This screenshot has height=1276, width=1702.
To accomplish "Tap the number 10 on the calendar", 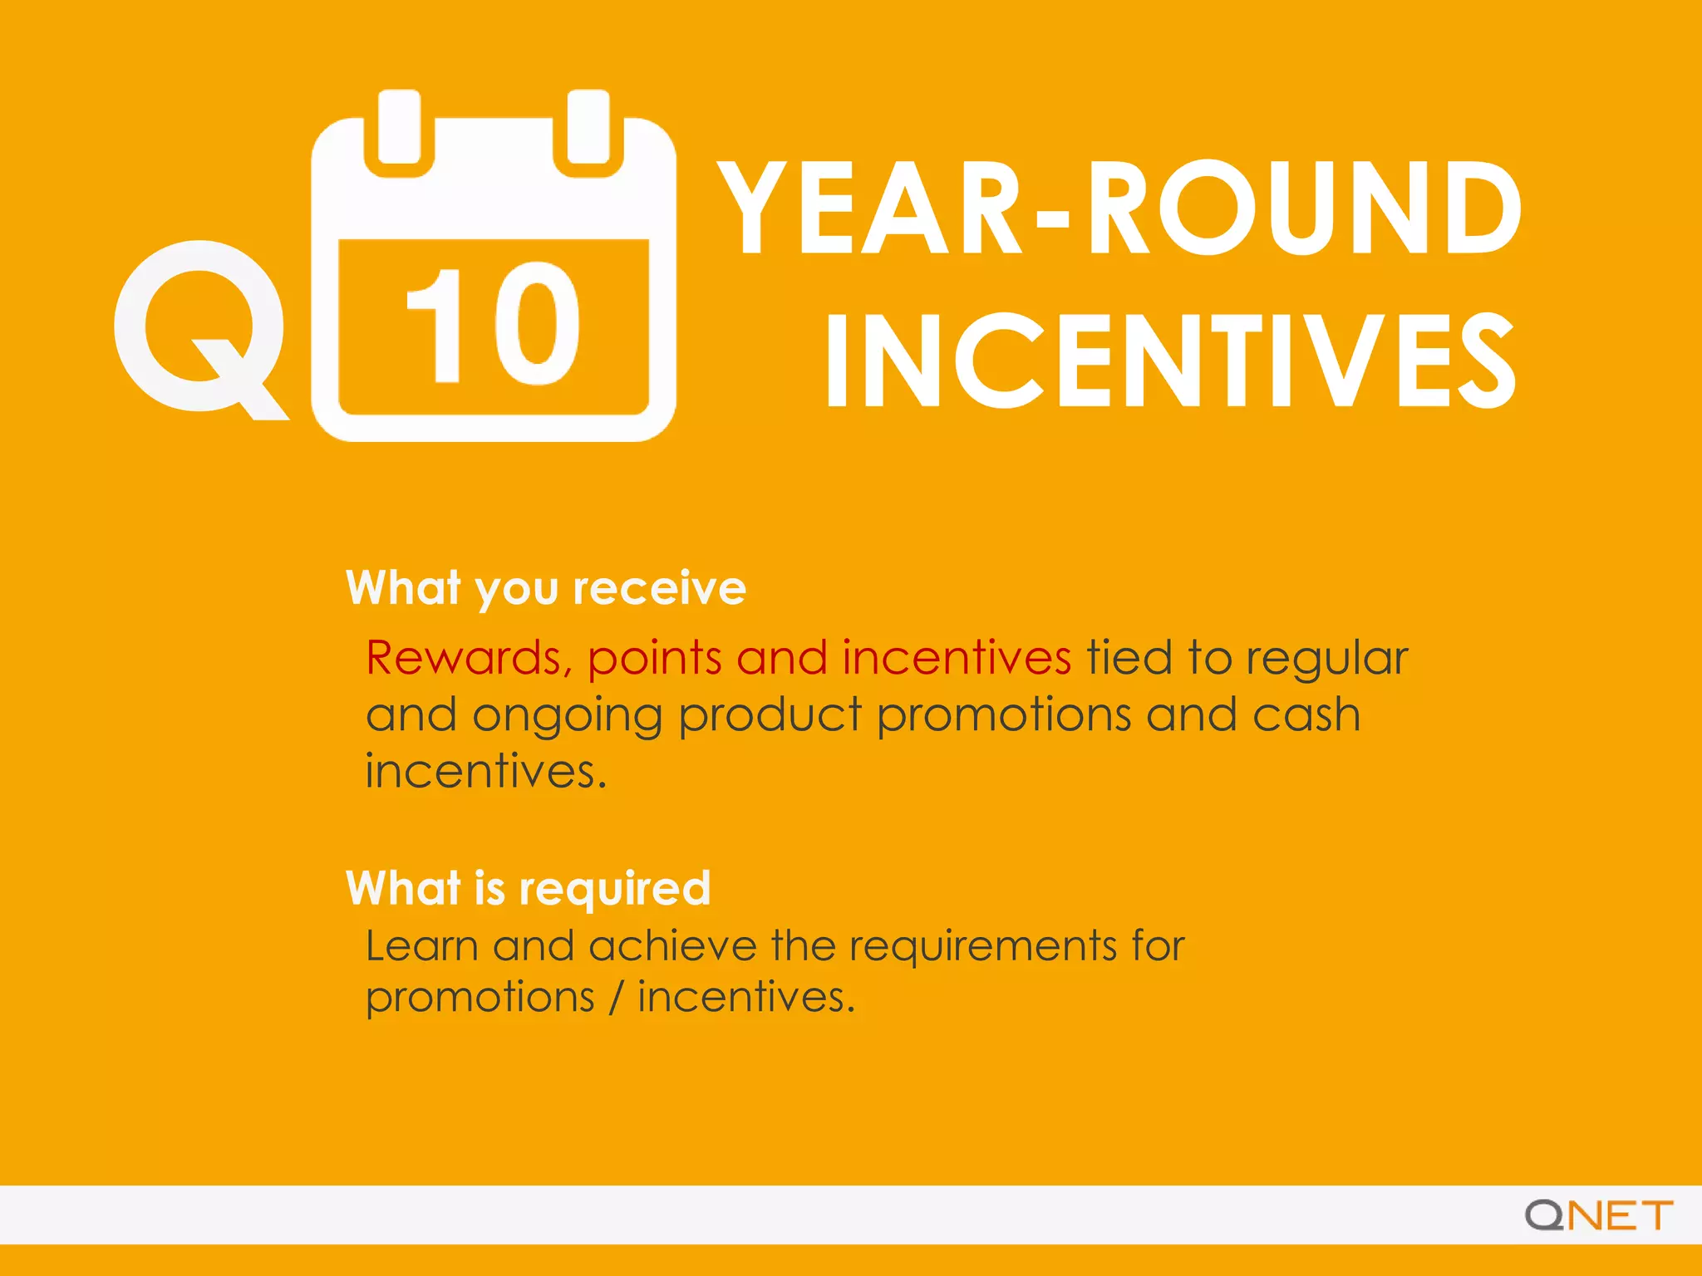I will [x=492, y=324].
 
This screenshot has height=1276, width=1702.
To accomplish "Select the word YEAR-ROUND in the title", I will [x=1119, y=208].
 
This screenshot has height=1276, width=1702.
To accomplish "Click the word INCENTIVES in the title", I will [x=1170, y=361].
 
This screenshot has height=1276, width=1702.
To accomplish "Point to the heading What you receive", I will [x=546, y=588].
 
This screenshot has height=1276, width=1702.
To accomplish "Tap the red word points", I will [x=654, y=658].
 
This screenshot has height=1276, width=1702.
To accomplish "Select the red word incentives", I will [x=957, y=658].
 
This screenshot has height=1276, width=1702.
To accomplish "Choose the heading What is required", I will [x=529, y=888].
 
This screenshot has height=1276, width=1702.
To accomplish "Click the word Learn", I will [x=421, y=946].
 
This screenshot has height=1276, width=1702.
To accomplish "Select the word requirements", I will [x=982, y=948].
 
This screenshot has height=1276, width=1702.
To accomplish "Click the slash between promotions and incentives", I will [x=616, y=997].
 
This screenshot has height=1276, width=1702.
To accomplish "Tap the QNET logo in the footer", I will [x=1598, y=1215].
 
